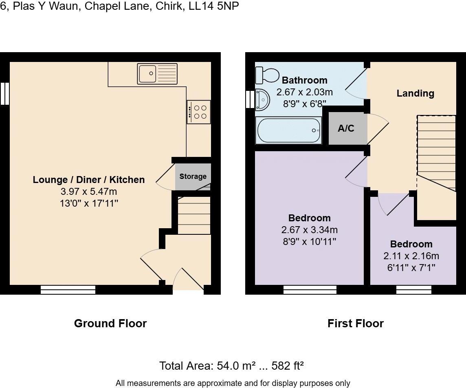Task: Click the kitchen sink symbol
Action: (157, 74)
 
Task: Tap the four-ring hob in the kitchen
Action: (199, 112)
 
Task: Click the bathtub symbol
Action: (288, 130)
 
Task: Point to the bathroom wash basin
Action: (262, 100)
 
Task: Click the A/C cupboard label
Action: (346, 128)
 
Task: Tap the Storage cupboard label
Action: (193, 176)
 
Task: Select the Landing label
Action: (415, 93)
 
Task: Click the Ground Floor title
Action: (110, 324)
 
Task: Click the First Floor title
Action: (355, 324)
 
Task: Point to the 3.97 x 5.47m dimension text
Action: (89, 192)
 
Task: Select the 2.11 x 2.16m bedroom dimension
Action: (411, 256)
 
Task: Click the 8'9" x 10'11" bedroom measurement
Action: (309, 241)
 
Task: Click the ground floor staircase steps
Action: (194, 216)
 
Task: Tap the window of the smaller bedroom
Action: (413, 290)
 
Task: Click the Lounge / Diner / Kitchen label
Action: (89, 180)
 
